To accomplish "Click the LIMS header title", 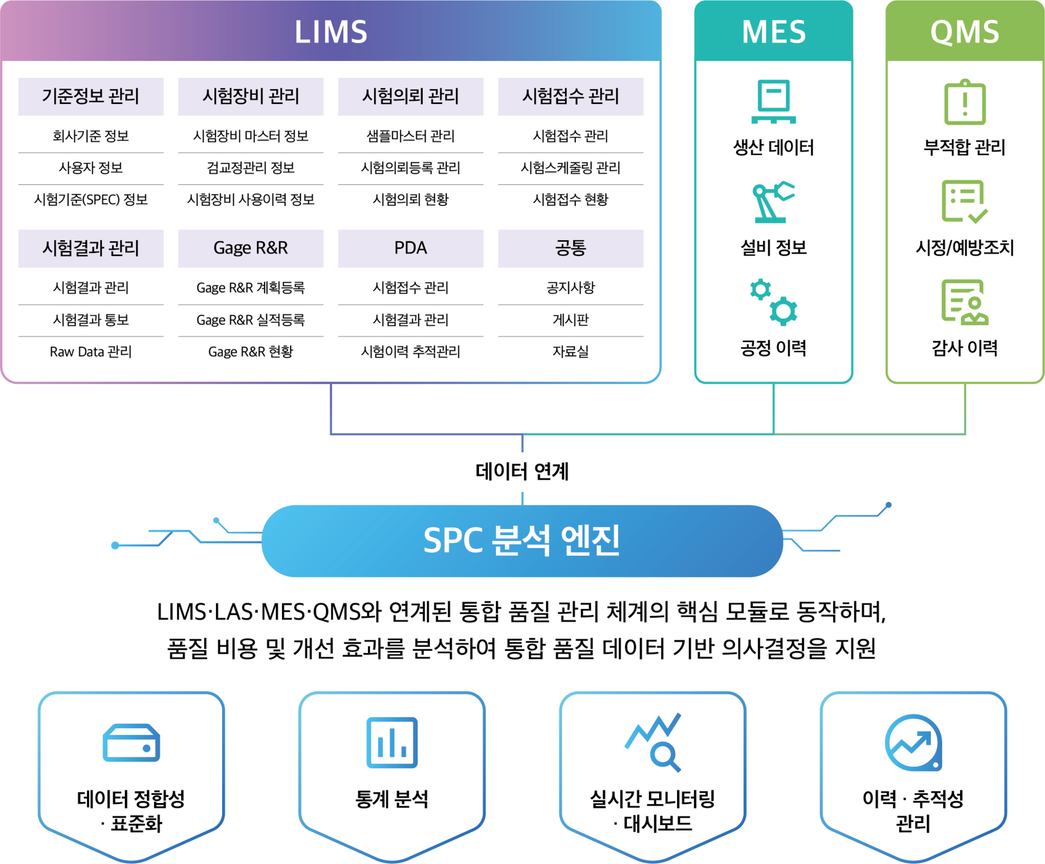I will (331, 32).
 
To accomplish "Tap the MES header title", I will (773, 32).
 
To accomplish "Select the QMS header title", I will (964, 32).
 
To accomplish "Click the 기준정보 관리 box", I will (91, 96).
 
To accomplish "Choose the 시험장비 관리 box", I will (251, 96).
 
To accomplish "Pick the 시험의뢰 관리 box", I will (410, 96).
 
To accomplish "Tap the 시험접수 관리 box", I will (570, 96).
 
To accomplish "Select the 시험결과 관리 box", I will (91, 248).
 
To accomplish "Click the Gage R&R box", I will (251, 248).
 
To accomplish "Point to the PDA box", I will (410, 248).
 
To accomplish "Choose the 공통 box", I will (570, 248).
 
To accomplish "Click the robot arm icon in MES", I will (773, 202).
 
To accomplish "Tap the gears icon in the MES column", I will (773, 302).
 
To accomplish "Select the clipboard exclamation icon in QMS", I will (964, 102).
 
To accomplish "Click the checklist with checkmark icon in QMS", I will (964, 202).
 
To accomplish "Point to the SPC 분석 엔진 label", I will (521, 540).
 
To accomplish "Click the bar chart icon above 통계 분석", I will (392, 743).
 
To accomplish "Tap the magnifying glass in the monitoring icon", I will (665, 757).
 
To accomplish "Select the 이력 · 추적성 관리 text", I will (913, 811).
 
